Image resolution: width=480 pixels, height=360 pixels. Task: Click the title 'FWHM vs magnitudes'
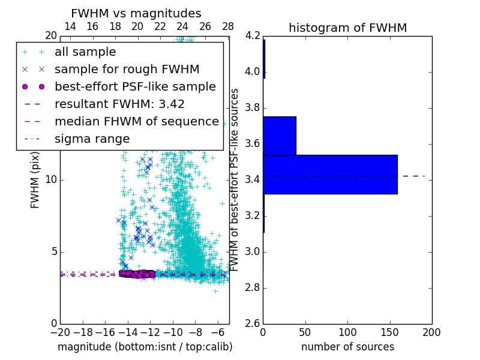[136, 13]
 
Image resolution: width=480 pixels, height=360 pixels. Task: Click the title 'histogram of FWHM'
[347, 28]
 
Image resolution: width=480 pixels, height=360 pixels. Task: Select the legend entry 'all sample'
[85, 52]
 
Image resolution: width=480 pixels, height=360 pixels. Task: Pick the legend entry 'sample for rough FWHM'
[127, 69]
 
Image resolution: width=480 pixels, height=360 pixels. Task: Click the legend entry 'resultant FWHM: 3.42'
[119, 104]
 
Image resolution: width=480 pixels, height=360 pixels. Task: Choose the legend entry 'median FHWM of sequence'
[137, 121]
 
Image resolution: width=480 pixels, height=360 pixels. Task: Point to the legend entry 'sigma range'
[92, 139]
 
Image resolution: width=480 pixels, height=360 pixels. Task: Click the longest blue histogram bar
[330, 174]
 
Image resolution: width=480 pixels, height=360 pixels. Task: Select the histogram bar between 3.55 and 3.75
[280, 136]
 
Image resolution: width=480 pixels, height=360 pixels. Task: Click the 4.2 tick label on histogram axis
[253, 36]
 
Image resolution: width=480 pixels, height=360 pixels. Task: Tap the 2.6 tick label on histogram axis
[253, 323]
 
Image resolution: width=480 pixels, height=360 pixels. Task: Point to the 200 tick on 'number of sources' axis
[431, 332]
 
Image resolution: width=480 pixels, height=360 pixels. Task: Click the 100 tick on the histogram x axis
[347, 332]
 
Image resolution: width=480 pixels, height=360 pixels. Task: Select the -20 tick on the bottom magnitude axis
[60, 332]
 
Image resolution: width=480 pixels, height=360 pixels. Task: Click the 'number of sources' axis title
[347, 347]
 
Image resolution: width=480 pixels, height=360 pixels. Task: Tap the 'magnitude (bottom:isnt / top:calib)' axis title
[145, 347]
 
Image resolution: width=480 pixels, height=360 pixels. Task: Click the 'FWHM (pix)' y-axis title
[35, 179]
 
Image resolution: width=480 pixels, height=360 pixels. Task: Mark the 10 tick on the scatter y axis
[52, 179]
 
